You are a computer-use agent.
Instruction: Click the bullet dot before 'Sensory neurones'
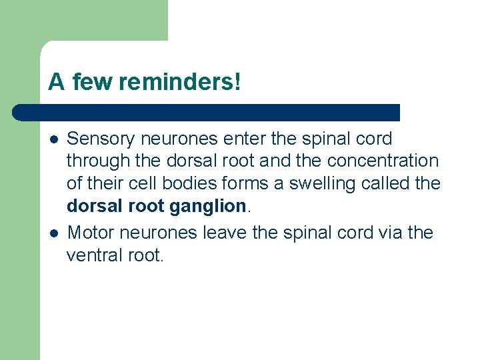tap(53, 139)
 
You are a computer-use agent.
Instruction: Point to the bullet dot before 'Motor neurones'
tap(53, 233)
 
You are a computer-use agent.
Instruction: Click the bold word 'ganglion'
tap(208, 207)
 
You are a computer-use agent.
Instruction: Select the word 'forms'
tap(246, 183)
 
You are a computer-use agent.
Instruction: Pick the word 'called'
tap(388, 183)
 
